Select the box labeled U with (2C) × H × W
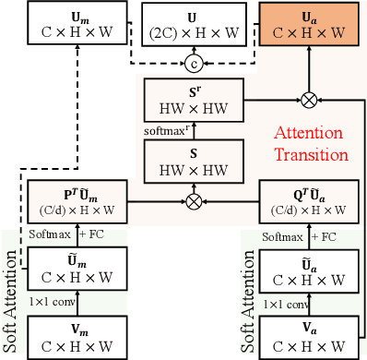[193, 25]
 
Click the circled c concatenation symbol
[194, 64]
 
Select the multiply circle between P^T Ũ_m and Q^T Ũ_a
[194, 198]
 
